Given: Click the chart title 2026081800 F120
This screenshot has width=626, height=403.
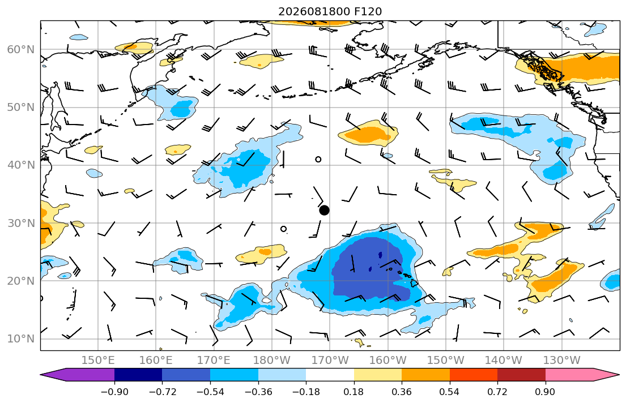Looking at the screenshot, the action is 330,11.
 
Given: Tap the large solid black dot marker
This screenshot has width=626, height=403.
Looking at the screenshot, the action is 324,211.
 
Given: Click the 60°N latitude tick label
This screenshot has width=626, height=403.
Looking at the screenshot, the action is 21,49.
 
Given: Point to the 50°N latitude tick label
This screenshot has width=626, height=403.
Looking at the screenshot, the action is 21,108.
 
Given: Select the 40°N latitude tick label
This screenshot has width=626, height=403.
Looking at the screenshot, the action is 21,165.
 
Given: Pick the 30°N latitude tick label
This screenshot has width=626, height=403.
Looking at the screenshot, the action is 21,223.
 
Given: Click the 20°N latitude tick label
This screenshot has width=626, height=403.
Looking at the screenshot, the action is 21,281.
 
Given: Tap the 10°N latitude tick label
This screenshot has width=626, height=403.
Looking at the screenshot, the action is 21,339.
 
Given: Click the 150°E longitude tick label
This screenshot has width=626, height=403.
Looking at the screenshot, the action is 98,361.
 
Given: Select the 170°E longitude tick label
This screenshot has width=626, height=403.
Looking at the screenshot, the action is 214,361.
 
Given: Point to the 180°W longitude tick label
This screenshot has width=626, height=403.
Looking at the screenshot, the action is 272,361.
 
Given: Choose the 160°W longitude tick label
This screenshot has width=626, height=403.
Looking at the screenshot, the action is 387,361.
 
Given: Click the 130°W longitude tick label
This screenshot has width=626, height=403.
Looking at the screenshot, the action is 562,361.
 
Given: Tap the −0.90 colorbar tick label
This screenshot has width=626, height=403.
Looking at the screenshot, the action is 114,392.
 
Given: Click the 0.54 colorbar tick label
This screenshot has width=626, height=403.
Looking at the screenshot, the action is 450,392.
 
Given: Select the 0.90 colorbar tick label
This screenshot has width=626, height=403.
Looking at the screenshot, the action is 546,392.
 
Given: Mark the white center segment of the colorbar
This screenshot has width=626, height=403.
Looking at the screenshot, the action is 330,375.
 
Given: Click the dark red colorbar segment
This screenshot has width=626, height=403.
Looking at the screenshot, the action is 521,375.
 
